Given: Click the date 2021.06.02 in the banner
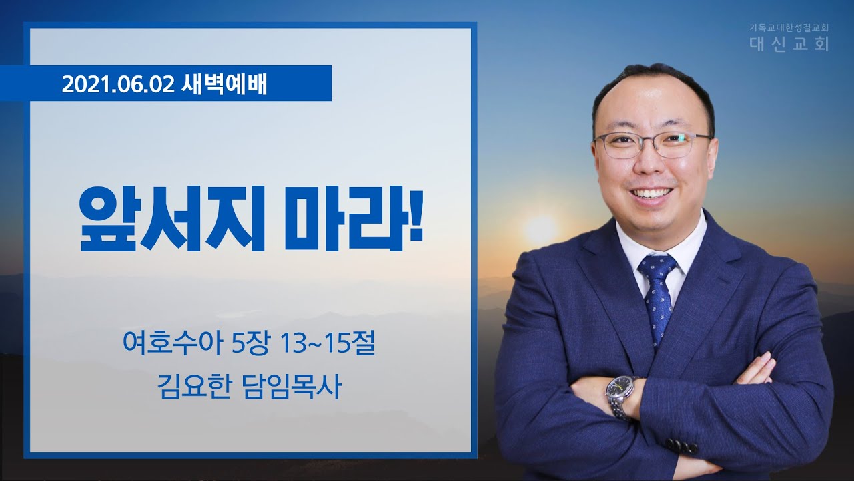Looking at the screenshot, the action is pyautogui.click(x=118, y=84).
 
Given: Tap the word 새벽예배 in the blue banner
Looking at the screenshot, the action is pyautogui.click(x=224, y=84).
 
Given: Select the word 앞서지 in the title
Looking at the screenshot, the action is pyautogui.click(x=171, y=219).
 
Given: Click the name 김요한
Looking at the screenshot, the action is pyautogui.click(x=195, y=387).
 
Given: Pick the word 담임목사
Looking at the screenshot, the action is pyautogui.click(x=292, y=387).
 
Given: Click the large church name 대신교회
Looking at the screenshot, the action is pyautogui.click(x=789, y=44).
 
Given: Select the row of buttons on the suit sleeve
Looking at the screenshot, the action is pyautogui.click(x=682, y=446).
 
